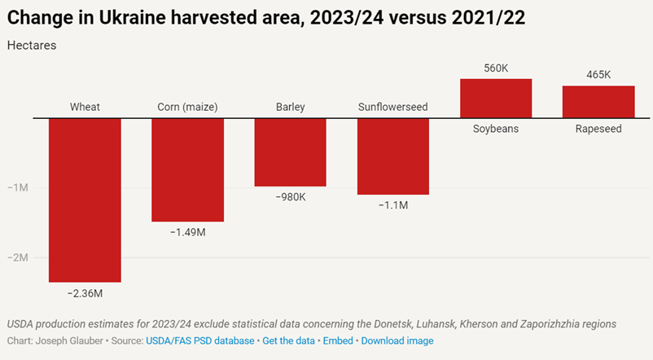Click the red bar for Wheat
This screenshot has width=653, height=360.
pyautogui.click(x=85, y=200)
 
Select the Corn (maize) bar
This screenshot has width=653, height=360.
pyautogui.click(x=187, y=169)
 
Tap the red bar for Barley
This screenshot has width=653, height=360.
pyautogui.click(x=291, y=152)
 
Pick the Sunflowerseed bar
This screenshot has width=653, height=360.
pyautogui.click(x=393, y=156)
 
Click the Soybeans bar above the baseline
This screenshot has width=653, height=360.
pyautogui.click(x=496, y=99)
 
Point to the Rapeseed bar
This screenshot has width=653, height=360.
pyautogui.click(x=598, y=102)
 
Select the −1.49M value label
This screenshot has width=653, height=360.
pyautogui.click(x=187, y=232)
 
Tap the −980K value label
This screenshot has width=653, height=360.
pyautogui.click(x=291, y=197)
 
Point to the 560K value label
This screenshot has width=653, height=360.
pyautogui.click(x=496, y=68)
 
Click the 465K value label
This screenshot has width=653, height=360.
pyautogui.click(x=598, y=75)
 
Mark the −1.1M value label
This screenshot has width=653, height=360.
pyautogui.click(x=393, y=205)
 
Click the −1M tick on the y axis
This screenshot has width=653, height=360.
pyautogui.click(x=17, y=187)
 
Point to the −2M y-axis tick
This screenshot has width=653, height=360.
pyautogui.click(x=17, y=257)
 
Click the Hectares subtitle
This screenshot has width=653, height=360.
pyautogui.click(x=32, y=45)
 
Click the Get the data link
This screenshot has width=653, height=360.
pyautogui.click(x=288, y=340)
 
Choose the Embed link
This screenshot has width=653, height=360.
pyautogui.click(x=338, y=340)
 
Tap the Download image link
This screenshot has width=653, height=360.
pyautogui.click(x=397, y=340)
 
